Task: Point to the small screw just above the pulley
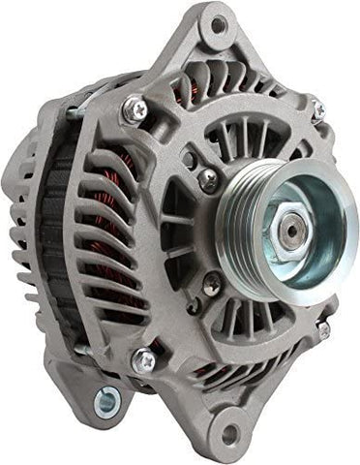pos(208,178)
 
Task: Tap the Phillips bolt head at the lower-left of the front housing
pos(143,359)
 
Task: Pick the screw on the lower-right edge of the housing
pos(322,329)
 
